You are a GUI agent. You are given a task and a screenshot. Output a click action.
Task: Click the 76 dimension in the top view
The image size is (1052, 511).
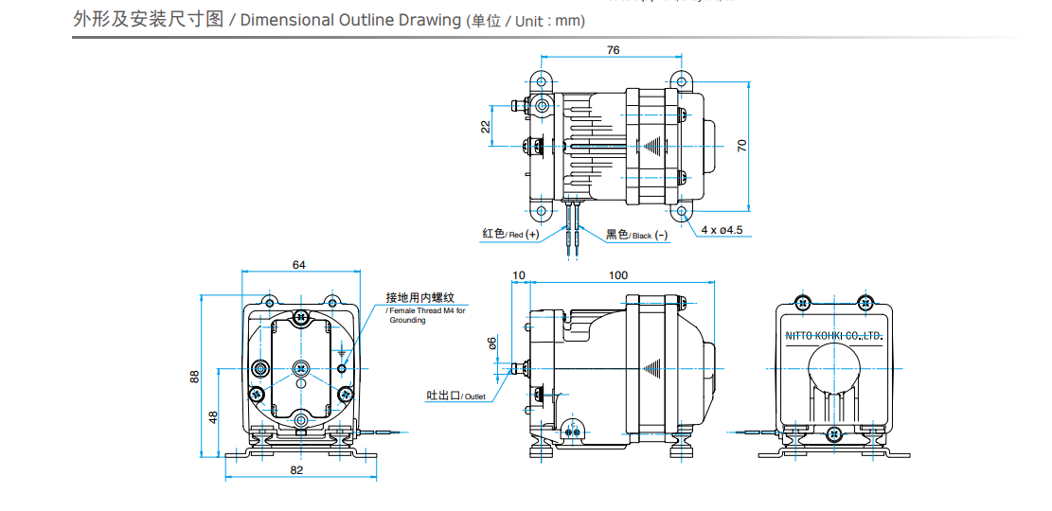pos(613,50)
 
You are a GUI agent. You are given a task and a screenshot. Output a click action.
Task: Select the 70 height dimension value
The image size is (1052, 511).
pos(742,145)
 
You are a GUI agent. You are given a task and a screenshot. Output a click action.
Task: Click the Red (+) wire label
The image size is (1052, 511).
pos(510,234)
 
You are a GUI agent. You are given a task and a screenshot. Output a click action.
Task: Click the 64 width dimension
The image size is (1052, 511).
pos(299,265)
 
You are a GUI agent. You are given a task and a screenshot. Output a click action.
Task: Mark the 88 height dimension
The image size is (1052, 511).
pos(195,376)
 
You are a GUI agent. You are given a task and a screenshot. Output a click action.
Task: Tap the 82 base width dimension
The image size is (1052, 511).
pos(296,470)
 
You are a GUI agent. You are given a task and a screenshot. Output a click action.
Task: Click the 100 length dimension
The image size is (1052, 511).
pos(617,275)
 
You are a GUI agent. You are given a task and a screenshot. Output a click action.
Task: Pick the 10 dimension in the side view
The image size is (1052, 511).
pos(518,275)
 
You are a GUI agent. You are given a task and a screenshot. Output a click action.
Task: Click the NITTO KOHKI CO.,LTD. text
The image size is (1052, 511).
pos(834,336)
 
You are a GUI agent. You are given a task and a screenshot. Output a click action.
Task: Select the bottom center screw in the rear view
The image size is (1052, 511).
pos(833,433)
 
